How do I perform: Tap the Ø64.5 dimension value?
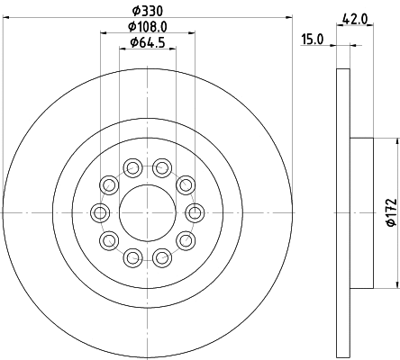coord(147,42)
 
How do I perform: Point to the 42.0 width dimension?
coord(356,15)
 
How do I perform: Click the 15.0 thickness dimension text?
coord(312,39)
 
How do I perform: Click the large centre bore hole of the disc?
coord(147,212)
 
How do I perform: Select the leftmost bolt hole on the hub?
coord(99,212)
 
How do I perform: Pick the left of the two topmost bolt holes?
coord(132,167)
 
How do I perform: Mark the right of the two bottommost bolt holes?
coord(162,258)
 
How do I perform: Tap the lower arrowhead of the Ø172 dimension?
coord(395,286)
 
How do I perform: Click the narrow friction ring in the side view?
coord(341,213)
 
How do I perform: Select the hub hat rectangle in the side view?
coord(360,213)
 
